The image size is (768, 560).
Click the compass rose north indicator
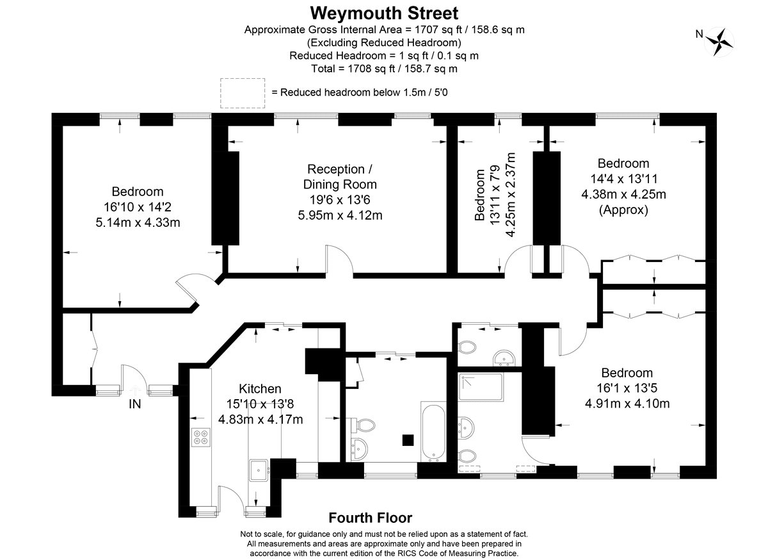click(719, 42)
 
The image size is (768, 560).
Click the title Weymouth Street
click(384, 13)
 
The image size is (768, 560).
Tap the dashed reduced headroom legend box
click(243, 93)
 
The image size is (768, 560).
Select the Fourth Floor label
click(371, 518)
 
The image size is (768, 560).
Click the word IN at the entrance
click(135, 404)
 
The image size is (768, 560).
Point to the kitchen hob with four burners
click(200, 437)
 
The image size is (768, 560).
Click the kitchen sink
click(259, 470)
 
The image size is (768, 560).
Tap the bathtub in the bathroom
click(433, 432)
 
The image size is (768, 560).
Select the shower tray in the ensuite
click(481, 387)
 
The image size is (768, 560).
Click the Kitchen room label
click(260, 389)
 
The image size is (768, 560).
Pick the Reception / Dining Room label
click(340, 177)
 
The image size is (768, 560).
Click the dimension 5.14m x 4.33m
click(138, 222)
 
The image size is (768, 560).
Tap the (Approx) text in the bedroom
click(623, 210)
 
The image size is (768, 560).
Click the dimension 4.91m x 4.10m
click(627, 403)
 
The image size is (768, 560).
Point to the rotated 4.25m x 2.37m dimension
click(511, 195)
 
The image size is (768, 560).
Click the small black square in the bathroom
click(408, 440)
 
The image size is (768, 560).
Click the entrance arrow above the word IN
click(135, 390)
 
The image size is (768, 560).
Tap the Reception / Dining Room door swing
click(339, 258)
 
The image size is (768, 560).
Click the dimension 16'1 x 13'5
click(627, 388)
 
